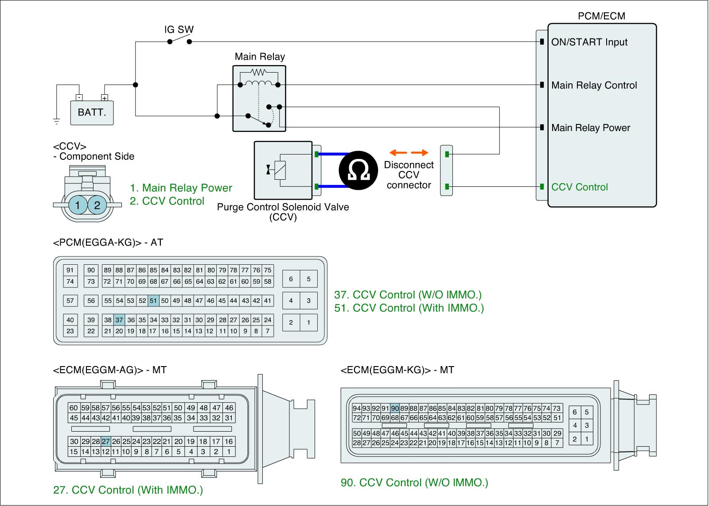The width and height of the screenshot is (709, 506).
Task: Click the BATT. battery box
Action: click(x=92, y=112)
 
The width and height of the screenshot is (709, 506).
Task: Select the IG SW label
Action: click(x=179, y=30)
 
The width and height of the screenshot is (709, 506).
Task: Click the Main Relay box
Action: click(x=259, y=98)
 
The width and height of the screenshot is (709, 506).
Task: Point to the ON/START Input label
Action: click(x=589, y=42)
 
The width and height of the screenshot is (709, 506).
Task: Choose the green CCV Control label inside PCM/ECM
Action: click(x=579, y=187)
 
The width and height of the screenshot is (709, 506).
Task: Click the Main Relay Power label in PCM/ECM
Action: click(x=590, y=128)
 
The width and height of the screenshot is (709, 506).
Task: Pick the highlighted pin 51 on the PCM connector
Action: click(x=153, y=301)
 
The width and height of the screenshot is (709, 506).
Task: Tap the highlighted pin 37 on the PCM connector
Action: click(x=119, y=320)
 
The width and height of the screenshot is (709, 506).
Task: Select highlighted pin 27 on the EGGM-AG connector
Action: click(x=105, y=441)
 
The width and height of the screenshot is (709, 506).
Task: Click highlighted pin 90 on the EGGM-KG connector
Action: click(x=395, y=408)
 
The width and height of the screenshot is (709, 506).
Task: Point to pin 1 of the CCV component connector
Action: click(x=78, y=205)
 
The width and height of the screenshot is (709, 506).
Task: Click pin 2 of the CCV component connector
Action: click(x=97, y=205)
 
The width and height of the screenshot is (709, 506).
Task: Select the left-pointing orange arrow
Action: click(x=397, y=153)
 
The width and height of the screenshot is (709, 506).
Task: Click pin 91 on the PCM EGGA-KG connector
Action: click(x=70, y=270)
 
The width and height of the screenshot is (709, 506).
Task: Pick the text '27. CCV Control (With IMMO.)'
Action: click(x=128, y=490)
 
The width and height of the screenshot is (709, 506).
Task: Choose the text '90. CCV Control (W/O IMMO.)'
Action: click(x=414, y=483)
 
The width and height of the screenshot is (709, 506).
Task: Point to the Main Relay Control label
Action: click(x=594, y=85)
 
